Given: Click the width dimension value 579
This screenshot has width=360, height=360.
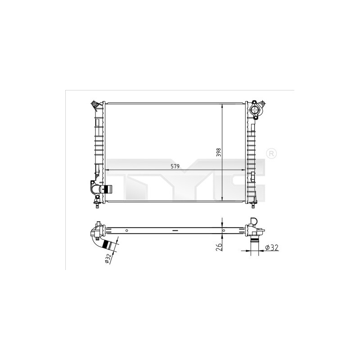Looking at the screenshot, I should click(175, 166).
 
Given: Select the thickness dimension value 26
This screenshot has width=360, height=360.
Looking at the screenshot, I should click(219, 246).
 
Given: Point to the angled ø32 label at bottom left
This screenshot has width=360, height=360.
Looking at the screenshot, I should click(108, 258).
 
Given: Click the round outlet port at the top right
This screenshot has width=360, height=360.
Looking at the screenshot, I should click(255, 111).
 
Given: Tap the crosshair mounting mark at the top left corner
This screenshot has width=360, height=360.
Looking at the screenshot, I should click(94, 105).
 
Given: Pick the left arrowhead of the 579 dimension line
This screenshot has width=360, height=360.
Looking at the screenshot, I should click(107, 170).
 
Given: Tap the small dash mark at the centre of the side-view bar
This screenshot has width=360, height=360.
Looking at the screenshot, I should click(175, 230).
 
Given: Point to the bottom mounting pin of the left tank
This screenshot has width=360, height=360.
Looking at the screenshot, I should click(98, 206).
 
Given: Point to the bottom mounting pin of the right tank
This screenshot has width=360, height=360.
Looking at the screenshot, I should click(252, 206).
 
